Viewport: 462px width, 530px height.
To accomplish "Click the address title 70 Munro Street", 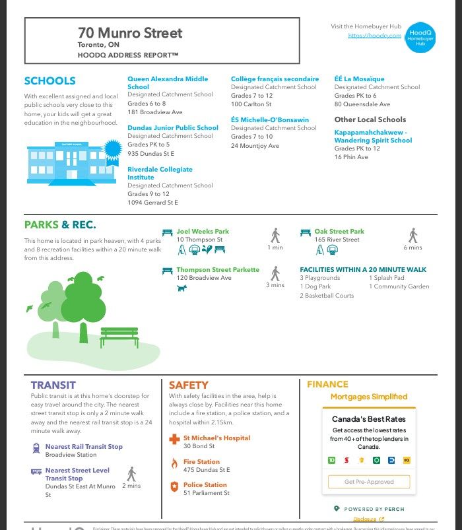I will tap(130, 33).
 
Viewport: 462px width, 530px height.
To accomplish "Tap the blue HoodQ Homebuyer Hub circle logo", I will tap(420, 36).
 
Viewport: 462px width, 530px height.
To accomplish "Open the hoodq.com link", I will tap(374, 36).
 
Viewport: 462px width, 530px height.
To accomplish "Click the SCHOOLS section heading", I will tap(49, 81).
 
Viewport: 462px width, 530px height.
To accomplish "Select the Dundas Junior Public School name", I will tap(173, 128).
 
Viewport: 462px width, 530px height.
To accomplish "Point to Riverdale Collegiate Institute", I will tap(160, 174).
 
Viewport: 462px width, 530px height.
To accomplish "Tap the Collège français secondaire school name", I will tap(275, 79).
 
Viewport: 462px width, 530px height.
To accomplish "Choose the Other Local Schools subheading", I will tap(370, 119).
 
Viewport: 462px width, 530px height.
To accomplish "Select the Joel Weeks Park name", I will tap(203, 232).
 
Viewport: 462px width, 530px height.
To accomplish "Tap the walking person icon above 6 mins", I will tap(413, 235).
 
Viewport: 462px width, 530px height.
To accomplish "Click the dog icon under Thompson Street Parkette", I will tap(182, 288).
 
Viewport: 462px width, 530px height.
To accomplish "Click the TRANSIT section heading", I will tap(53, 385).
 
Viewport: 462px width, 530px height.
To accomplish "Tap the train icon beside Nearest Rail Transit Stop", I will tap(35, 447).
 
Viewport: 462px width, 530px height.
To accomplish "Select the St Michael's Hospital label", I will tap(216, 438).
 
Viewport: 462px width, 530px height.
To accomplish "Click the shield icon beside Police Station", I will tap(174, 486).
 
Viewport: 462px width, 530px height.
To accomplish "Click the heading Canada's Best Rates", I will tap(368, 419).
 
